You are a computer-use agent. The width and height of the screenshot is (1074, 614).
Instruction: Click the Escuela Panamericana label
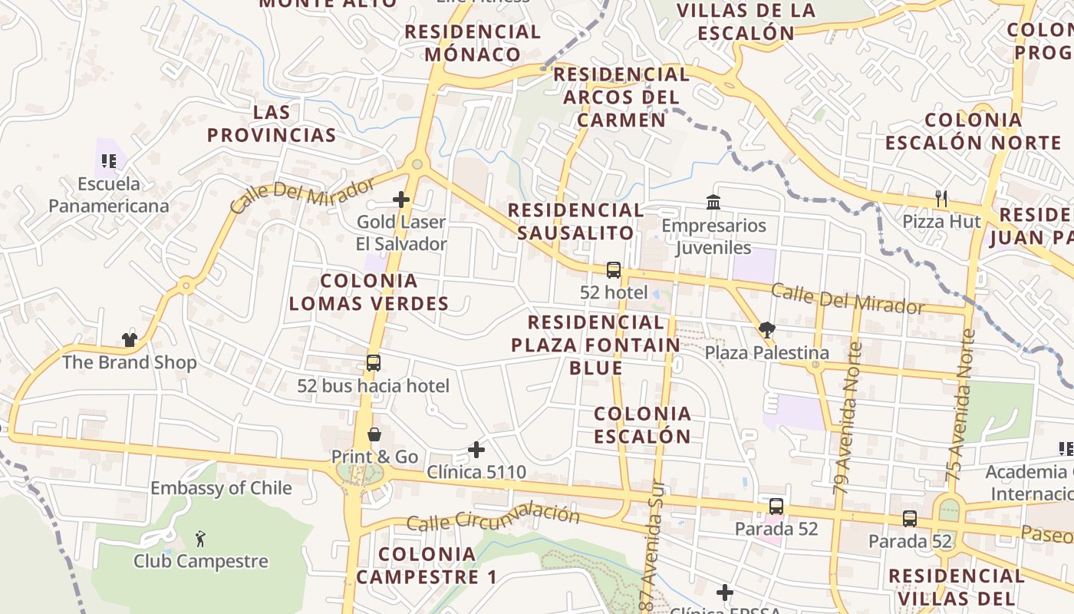pos(108,195)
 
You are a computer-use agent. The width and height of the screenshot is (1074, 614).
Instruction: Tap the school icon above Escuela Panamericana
pos(109,160)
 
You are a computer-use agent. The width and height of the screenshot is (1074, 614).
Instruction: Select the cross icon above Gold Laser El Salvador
pos(400,200)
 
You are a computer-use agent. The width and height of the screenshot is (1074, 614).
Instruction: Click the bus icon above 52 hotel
pos(614,270)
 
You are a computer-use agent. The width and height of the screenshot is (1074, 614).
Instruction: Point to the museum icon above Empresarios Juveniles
pos(713,203)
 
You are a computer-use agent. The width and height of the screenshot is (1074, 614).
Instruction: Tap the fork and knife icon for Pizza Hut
pos(941,199)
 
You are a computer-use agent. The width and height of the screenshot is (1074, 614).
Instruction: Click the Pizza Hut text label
pos(941,222)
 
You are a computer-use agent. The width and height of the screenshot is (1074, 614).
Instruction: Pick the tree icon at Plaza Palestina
pos(766,330)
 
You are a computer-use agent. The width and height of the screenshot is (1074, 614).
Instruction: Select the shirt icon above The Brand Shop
pos(129,339)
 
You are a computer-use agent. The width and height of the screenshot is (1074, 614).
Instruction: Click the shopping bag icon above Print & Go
pos(374,434)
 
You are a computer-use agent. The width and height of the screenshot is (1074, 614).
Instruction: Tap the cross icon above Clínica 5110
pos(476,449)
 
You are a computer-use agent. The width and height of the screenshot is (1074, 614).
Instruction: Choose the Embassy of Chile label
pos(221,488)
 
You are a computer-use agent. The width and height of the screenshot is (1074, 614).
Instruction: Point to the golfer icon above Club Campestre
pos(200,539)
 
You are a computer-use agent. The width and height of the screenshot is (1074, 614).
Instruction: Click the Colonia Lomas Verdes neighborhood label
pos(369,292)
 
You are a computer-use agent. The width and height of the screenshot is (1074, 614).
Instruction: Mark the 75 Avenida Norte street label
pos(960,405)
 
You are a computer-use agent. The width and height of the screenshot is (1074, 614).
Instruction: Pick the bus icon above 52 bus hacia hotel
pos(374,363)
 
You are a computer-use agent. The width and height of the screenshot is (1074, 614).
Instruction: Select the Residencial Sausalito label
pos(575,221)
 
